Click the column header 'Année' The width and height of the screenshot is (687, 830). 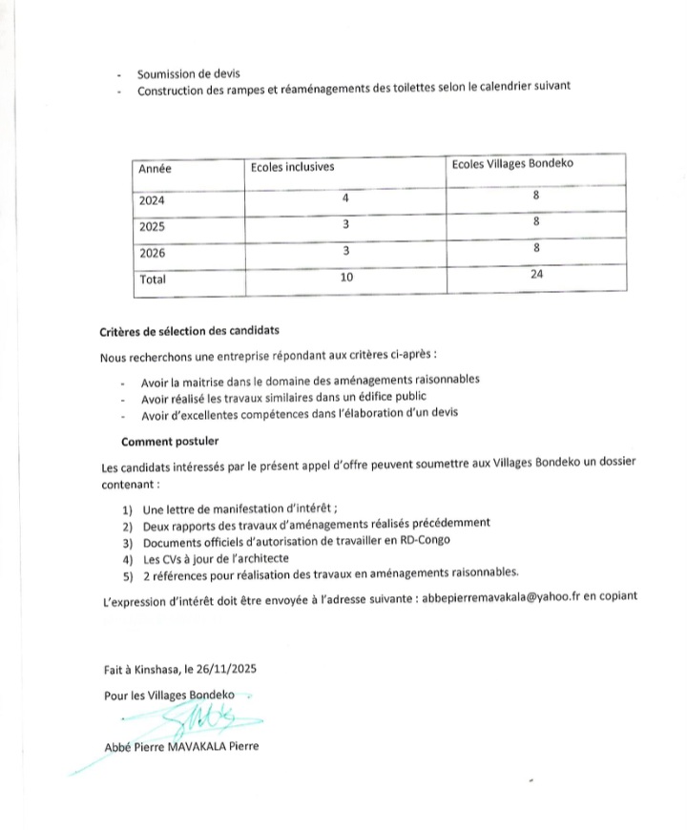(156, 169)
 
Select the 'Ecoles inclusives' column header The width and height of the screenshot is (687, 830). (292, 168)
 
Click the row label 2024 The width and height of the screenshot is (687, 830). (152, 201)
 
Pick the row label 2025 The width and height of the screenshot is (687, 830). (152, 228)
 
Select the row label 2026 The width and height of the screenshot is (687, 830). (152, 254)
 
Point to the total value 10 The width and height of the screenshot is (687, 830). (348, 279)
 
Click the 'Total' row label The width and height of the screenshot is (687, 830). (153, 280)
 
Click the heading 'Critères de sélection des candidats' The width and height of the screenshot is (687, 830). (189, 331)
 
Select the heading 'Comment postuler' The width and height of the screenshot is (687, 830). (170, 442)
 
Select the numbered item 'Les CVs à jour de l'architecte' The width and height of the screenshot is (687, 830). (216, 557)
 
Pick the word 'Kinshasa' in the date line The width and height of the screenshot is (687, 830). (148, 669)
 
